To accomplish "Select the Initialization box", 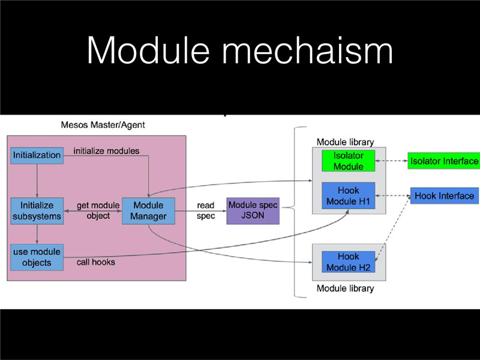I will pos(37,155).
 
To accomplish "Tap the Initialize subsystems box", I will pos(37,211).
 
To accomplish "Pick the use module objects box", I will pos(37,257).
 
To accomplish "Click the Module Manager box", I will pos(148,211).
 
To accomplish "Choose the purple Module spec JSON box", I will pos(253,211).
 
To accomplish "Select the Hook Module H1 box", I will pos(348,196).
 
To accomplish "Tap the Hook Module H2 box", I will pos(348,262).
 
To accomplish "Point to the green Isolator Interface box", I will pos(444,161).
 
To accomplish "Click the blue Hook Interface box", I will pos(445,196).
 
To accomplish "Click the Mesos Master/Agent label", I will pos(103,125).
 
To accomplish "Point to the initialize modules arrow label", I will pos(106,151).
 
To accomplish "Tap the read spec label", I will pos(206,211).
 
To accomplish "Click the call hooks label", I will pos(96,262).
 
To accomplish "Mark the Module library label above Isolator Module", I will pos(345,142).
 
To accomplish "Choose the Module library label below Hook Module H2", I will pos(345,289).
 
